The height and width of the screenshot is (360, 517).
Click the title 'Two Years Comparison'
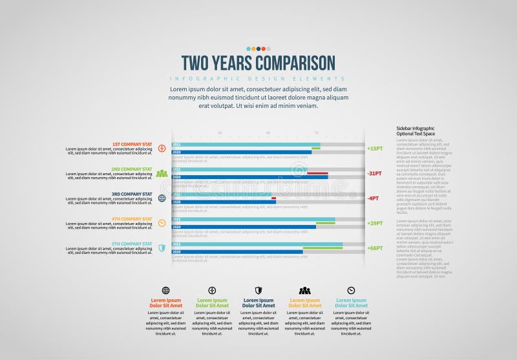tap(258, 63)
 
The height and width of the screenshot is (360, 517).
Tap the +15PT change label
tap(375, 149)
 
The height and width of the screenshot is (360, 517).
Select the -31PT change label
tap(375, 173)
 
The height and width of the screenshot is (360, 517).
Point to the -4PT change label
tap(374, 198)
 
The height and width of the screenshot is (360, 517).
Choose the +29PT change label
tap(375, 223)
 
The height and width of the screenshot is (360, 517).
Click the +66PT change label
tap(375, 248)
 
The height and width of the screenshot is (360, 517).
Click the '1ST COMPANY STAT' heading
tap(132, 144)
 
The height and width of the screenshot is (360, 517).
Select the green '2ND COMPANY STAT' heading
tap(131, 169)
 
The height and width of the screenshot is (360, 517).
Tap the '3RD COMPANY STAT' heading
tap(131, 194)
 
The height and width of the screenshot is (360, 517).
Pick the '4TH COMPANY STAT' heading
tap(131, 219)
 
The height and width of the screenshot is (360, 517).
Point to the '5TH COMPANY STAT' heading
tap(131, 244)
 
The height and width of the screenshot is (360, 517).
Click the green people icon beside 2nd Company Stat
tap(162, 173)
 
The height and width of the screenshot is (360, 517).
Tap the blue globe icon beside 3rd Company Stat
tap(162, 198)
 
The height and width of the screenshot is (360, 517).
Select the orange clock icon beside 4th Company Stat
tap(162, 223)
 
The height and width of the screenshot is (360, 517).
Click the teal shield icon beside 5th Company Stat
tap(162, 248)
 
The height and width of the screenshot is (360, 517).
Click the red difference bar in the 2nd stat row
tap(317, 173)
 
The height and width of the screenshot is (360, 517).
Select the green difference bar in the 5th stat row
tap(322, 248)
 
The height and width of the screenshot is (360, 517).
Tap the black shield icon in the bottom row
tap(258, 290)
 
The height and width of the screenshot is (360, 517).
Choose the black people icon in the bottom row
tap(304, 291)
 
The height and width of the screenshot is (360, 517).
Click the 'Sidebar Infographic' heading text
tap(415, 129)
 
